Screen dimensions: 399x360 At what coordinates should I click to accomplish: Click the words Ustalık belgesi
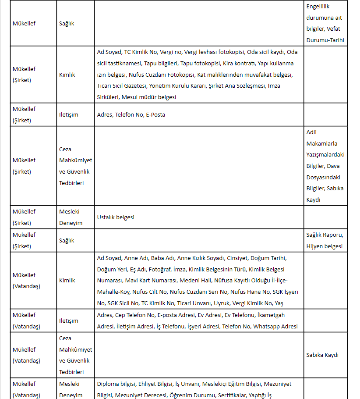tap(116, 217)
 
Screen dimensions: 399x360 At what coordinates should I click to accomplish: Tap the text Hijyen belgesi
tap(325, 246)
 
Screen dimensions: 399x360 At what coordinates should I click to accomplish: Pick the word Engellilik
tap(318, 7)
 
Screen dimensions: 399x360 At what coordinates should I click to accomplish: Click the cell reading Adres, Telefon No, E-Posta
tap(131, 115)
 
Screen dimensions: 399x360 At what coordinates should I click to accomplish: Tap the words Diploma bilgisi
tap(116, 384)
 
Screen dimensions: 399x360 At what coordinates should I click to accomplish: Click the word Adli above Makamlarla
tap(311, 132)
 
